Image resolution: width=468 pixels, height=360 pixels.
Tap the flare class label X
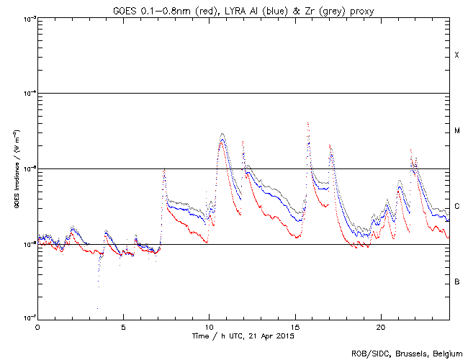(456, 55)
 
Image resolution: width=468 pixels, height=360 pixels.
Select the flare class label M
(456, 131)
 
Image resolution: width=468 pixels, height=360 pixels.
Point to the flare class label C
(456, 207)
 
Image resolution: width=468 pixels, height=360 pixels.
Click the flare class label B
(456, 282)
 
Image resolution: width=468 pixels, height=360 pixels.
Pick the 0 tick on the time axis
(37, 326)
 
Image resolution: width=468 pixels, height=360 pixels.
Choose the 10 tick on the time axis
(209, 326)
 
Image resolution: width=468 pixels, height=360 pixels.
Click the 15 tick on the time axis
(294, 326)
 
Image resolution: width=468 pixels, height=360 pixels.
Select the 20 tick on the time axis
(380, 326)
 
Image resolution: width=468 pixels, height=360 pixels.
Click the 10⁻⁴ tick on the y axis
(27, 94)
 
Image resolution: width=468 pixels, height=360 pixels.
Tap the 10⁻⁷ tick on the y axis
(27, 318)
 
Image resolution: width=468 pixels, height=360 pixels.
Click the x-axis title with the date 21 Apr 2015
(243, 336)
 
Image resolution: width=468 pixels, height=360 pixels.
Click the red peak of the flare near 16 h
(308, 123)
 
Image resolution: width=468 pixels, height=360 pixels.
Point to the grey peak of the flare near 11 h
(222, 133)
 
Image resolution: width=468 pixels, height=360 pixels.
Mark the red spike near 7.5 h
(165, 168)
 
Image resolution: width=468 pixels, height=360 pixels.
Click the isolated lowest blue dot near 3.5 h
(97, 308)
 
